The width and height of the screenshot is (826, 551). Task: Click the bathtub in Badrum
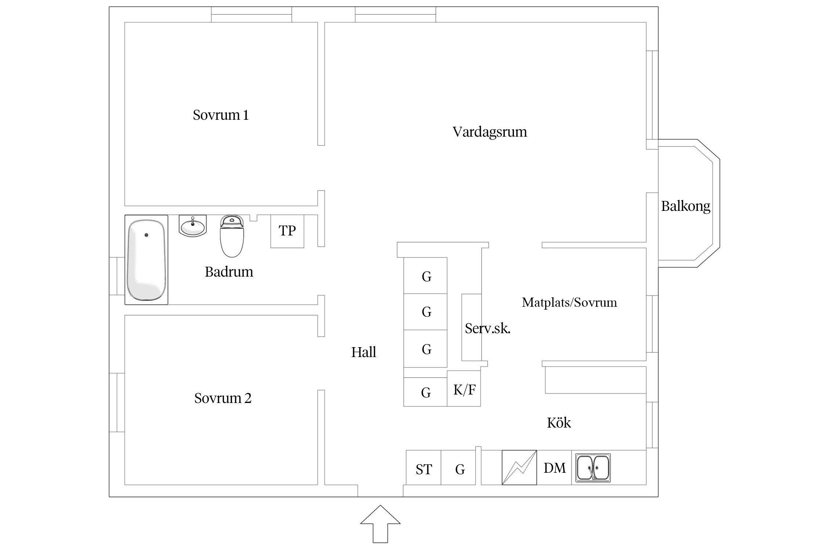[146, 260]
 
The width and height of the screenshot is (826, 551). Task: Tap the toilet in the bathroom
[232, 236]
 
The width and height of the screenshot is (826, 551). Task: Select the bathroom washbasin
[193, 226]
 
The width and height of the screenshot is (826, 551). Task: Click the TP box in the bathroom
[287, 231]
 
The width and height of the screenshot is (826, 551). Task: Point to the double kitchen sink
[593, 468]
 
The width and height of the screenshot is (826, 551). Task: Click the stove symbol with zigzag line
[519, 467]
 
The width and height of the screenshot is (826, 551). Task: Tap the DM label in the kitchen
[554, 468]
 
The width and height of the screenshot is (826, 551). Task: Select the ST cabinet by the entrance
[423, 469]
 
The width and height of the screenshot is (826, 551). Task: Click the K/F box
[464, 389]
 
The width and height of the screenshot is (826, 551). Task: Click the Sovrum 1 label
[221, 115]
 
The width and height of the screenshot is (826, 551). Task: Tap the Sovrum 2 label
[222, 398]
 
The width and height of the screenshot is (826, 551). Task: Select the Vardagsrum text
[489, 132]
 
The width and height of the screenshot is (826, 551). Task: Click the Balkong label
[685, 206]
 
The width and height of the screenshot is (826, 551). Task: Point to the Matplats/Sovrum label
[569, 302]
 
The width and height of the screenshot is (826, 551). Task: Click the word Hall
[363, 352]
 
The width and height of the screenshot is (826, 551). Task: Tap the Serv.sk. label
[487, 328]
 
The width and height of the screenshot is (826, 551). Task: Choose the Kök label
[558, 423]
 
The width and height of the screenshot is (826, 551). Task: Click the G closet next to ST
[459, 469]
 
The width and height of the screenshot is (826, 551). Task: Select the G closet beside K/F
[425, 392]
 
